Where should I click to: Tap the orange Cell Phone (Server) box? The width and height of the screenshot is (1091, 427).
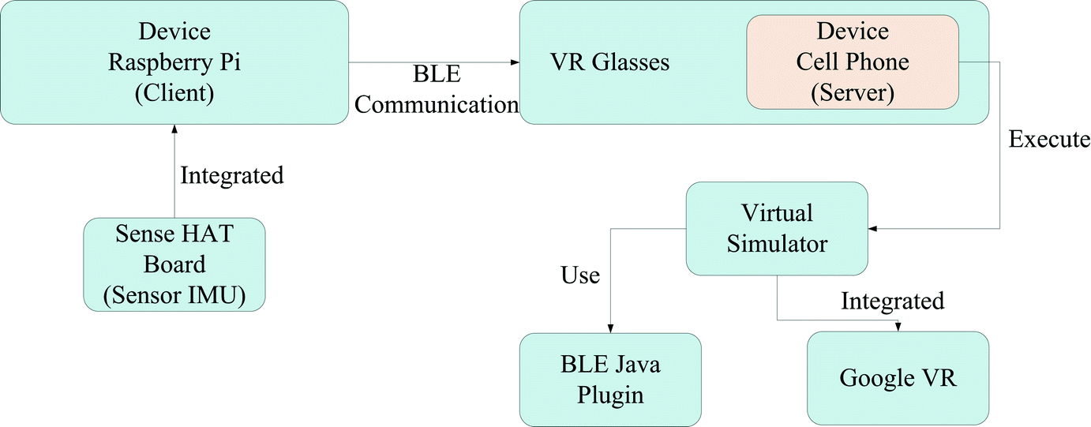853,62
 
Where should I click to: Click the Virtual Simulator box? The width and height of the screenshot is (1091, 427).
777,228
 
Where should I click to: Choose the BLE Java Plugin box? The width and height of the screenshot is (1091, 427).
610,379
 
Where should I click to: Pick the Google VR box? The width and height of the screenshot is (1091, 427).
898,377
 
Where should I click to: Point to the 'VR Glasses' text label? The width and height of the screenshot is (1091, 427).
609,62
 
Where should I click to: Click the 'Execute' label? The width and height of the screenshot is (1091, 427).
1049,140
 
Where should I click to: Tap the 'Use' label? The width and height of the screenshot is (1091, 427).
580,275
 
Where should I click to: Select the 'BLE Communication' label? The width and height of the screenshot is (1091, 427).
437,90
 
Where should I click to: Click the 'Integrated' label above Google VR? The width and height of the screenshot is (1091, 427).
892,301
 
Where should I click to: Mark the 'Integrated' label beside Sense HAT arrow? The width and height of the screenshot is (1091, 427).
231,174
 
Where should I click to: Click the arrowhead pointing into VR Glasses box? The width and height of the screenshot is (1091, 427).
515,62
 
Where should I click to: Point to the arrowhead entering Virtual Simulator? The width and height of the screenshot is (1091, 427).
873,229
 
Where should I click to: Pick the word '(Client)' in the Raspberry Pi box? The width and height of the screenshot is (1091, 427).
174,92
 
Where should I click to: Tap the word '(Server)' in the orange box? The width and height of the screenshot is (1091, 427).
853,92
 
